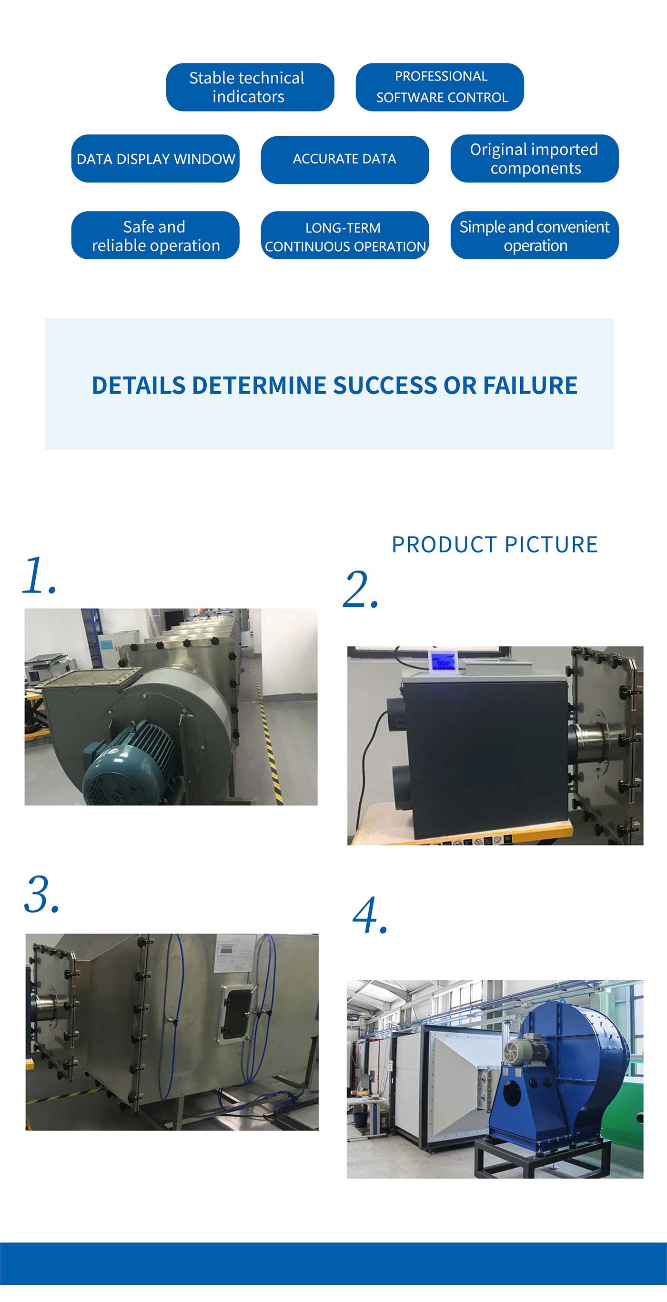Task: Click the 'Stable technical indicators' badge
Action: tap(250, 87)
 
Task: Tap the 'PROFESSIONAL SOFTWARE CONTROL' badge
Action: tap(439, 87)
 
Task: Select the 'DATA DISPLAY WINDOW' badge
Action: tap(155, 159)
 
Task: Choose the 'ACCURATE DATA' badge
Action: tap(344, 159)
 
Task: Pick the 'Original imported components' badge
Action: tap(534, 159)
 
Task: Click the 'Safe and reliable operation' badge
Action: tap(155, 235)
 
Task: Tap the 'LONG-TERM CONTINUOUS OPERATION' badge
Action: tap(344, 235)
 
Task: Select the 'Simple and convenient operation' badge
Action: tap(534, 235)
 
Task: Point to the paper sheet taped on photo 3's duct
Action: tap(235, 953)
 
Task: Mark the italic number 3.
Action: tap(41, 895)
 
